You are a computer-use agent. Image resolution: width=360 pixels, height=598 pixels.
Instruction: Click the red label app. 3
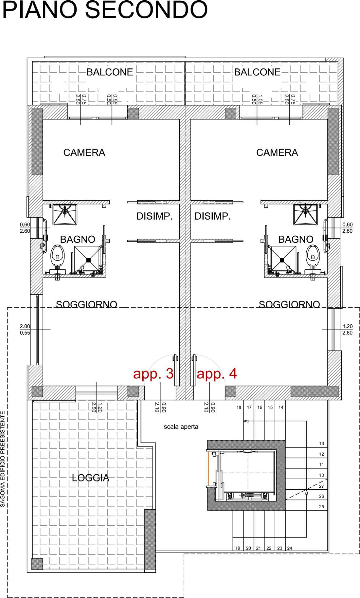pyautogui.click(x=153, y=373)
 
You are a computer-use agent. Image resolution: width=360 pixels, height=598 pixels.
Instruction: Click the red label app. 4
pyautogui.click(x=217, y=373)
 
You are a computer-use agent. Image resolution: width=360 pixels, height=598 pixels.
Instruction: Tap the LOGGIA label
pyautogui.click(x=90, y=478)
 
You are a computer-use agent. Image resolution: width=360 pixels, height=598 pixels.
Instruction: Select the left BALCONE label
pyautogui.click(x=110, y=72)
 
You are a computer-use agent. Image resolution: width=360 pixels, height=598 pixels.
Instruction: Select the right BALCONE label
pyautogui.click(x=257, y=72)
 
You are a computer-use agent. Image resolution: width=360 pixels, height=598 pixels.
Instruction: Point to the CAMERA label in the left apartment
pyautogui.click(x=84, y=153)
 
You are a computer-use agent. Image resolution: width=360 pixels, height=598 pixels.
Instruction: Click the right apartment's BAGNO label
pyautogui.click(x=296, y=240)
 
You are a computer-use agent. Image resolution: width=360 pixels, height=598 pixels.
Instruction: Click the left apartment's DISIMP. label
pyautogui.click(x=154, y=216)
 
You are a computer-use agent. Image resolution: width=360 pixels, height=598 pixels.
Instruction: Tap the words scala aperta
pyautogui.click(x=181, y=427)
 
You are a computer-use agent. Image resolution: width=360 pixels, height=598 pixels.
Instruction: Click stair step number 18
pyautogui.click(x=239, y=407)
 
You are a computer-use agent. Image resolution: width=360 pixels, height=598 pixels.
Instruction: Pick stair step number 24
pyautogui.click(x=290, y=548)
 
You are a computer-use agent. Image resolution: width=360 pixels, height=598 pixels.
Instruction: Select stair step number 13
pyautogui.click(x=321, y=444)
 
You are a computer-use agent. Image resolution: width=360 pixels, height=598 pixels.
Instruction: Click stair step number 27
pyautogui.click(x=321, y=486)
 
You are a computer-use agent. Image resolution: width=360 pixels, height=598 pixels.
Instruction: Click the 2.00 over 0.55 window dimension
pyautogui.click(x=25, y=330)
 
